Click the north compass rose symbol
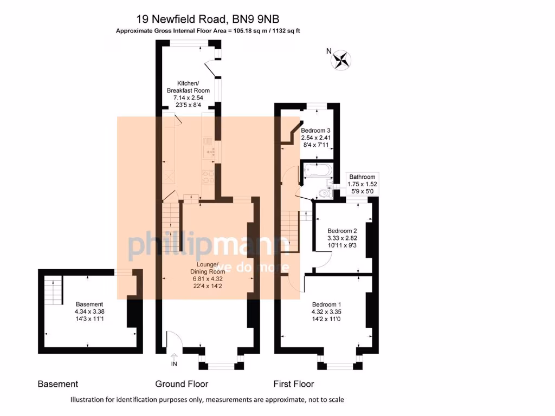tap(341, 60)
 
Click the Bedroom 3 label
tap(315, 131)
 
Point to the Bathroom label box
tap(363, 177)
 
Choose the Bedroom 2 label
tap(342, 230)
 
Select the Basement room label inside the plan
tap(89, 304)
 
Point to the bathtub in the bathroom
tap(318, 172)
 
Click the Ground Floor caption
tap(182, 384)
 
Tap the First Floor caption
tap(293, 384)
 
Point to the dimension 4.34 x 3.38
tap(89, 312)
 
